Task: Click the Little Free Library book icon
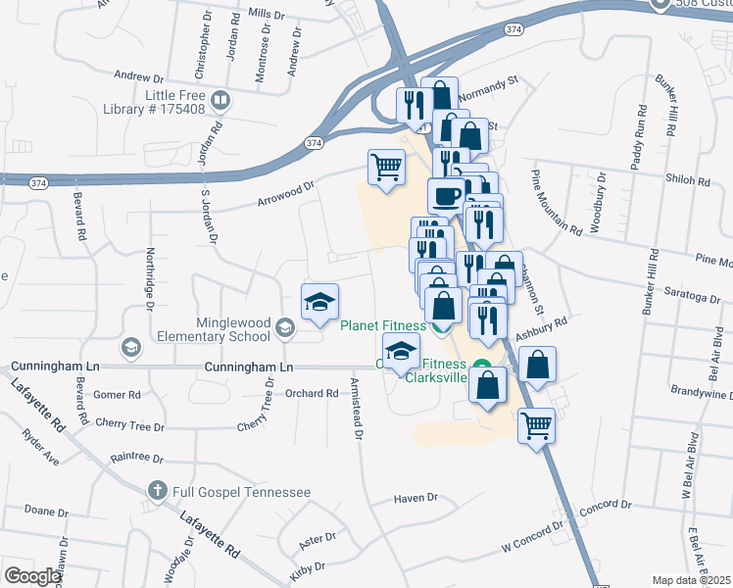point(221,100)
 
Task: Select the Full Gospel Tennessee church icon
point(157,490)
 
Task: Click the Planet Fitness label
point(382,326)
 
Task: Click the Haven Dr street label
point(415,498)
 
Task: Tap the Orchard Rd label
point(312,393)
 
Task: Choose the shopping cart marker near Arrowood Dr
point(386,168)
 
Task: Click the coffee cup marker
point(446,195)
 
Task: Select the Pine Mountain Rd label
point(557,201)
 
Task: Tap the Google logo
point(32,576)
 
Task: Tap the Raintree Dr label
point(135,457)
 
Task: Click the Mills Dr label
point(266,15)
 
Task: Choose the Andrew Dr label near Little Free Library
point(138,76)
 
